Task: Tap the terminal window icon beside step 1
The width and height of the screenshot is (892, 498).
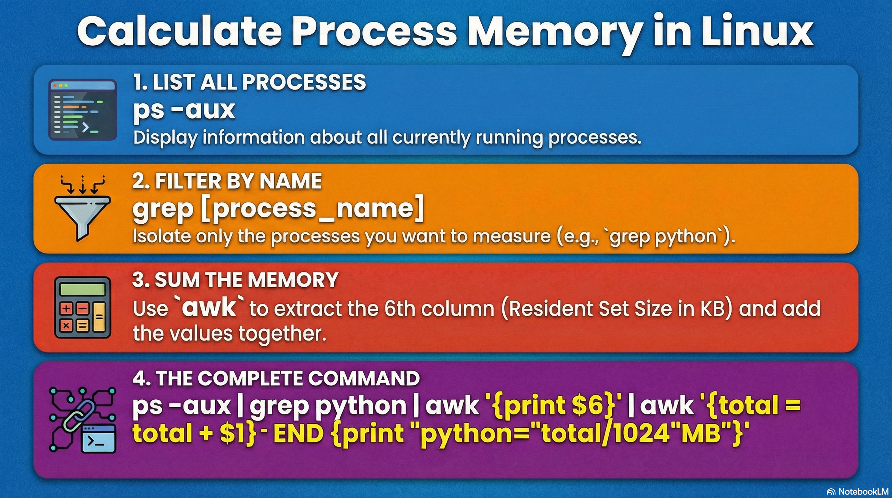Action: (x=82, y=110)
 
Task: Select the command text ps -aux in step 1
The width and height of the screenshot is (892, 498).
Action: (x=184, y=110)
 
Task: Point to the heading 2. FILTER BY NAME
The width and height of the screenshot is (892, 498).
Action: (x=227, y=181)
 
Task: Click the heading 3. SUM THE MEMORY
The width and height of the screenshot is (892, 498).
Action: (x=235, y=279)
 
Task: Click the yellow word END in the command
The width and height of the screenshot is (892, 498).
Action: (x=298, y=433)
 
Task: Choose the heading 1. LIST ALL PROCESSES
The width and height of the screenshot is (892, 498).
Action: (x=249, y=82)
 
